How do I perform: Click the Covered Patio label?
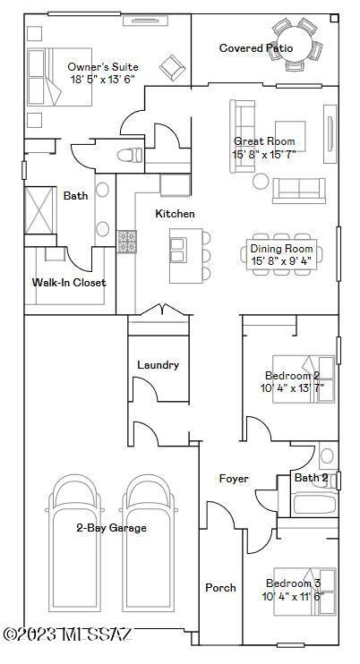(256, 48)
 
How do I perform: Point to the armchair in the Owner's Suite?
(171, 64)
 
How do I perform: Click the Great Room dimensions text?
(264, 155)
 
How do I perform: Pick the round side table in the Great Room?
(261, 181)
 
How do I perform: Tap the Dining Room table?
(281, 254)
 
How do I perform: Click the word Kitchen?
(175, 214)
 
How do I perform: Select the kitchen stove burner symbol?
(127, 242)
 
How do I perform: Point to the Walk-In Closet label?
(69, 283)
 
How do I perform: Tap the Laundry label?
(158, 365)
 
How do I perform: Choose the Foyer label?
(234, 479)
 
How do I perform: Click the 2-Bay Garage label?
(111, 528)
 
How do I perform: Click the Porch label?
(220, 588)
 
